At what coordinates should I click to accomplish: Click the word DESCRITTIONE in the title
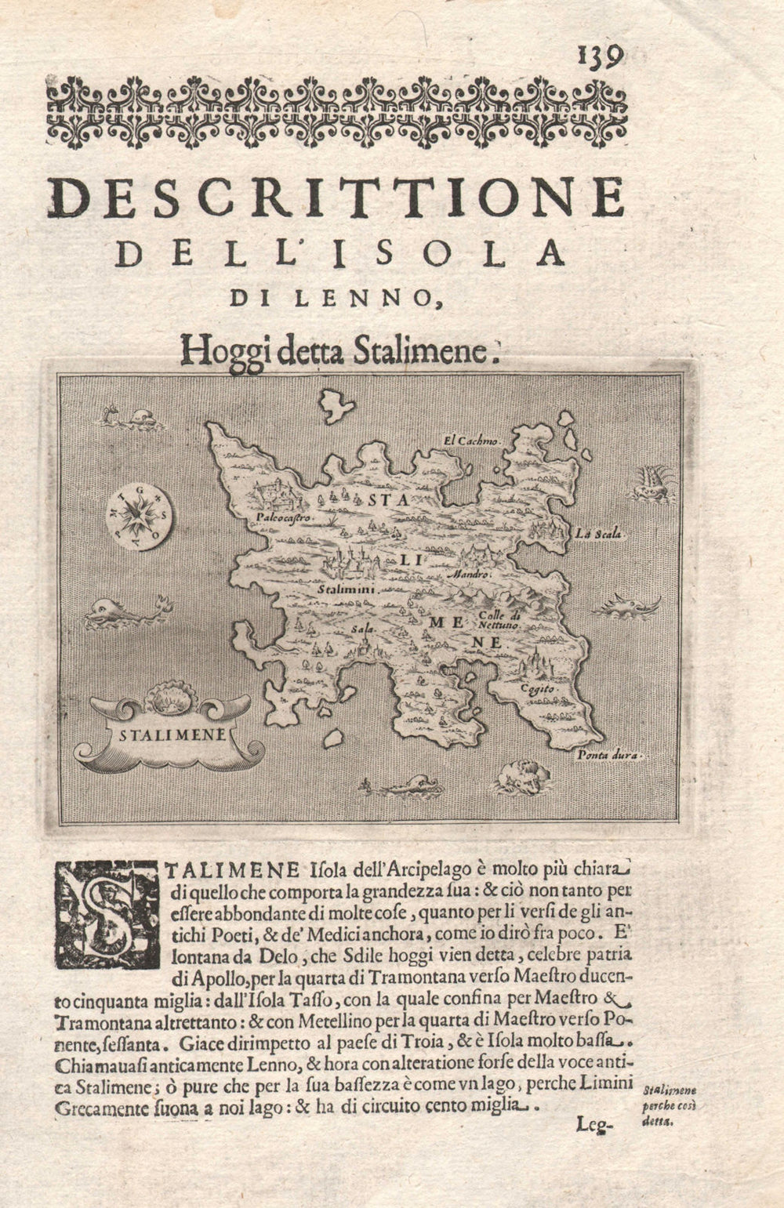coord(337,198)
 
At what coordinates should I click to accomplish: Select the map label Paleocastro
coord(283,518)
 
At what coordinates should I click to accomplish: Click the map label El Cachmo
coord(470,441)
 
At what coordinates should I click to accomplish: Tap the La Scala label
coord(597,535)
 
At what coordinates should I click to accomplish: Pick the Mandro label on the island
coord(470,575)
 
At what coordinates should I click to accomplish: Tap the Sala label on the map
coord(361,629)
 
